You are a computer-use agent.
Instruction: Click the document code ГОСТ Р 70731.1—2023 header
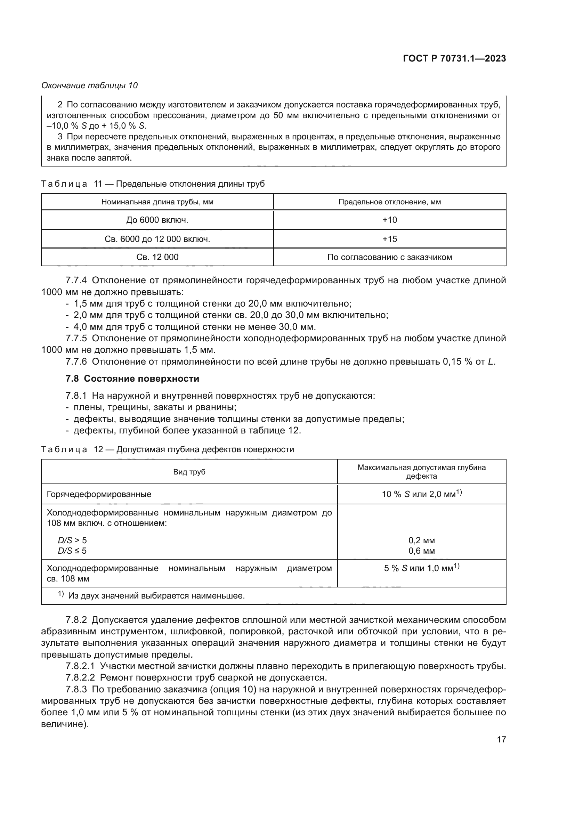454,59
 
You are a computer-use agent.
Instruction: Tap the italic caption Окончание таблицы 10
90,86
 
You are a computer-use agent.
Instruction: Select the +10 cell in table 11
389,220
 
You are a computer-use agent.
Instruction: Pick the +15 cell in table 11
389,239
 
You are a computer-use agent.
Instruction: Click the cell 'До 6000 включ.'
157,220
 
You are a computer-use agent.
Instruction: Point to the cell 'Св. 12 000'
157,257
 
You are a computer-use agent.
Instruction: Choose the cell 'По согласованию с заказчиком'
389,257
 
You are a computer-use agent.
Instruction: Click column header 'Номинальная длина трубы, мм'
157,202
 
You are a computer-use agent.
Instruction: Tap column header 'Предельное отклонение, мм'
389,202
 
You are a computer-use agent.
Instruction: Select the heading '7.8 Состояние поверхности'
132,379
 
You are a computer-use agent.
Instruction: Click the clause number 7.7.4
76,281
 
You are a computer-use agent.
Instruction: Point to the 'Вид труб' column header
189,472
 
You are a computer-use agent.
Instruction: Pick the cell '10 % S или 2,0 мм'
421,494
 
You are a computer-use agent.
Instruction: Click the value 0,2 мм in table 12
421,540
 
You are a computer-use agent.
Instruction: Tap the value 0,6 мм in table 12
421,551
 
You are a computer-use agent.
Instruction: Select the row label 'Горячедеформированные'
99,494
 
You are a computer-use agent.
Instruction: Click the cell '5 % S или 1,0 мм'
421,568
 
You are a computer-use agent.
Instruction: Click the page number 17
501,739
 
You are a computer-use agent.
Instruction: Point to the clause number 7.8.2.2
80,677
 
